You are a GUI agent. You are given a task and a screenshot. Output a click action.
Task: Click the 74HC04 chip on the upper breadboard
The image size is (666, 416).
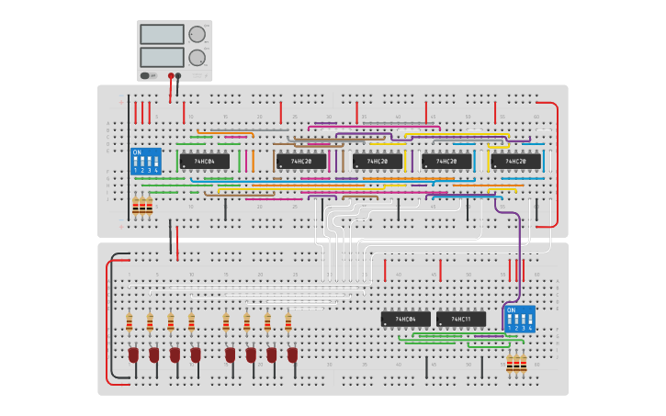tap(204, 162)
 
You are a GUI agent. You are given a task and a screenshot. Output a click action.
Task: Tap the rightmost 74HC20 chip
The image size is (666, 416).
tap(515, 162)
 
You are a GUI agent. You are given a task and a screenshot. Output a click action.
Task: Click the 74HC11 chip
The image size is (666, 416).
tap(461, 320)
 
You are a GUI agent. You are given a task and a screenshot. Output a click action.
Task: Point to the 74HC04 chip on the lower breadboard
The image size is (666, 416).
tap(405, 320)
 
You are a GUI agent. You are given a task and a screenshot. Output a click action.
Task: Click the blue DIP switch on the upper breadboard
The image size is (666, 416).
tap(146, 161)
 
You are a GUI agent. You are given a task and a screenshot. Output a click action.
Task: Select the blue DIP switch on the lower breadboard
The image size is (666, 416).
tap(519, 319)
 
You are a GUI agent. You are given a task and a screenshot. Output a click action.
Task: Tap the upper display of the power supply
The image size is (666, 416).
tap(162, 34)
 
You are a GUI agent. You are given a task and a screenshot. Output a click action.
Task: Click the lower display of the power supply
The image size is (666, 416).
tap(162, 57)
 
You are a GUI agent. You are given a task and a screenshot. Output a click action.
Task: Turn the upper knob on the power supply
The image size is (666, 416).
tap(197, 34)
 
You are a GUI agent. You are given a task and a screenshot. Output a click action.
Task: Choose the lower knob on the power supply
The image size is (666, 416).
tap(197, 57)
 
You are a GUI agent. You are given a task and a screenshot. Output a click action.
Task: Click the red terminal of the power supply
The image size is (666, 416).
tap(171, 76)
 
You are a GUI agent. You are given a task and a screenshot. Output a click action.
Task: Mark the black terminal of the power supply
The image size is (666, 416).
tap(178, 76)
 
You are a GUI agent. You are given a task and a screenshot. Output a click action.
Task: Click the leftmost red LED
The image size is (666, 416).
tap(133, 354)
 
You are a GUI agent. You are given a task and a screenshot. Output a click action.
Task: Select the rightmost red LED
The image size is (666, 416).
tap(292, 354)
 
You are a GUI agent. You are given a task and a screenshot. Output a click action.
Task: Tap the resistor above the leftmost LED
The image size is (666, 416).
tap(130, 321)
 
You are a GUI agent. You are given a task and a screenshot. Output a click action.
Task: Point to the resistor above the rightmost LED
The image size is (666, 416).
tap(288, 321)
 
